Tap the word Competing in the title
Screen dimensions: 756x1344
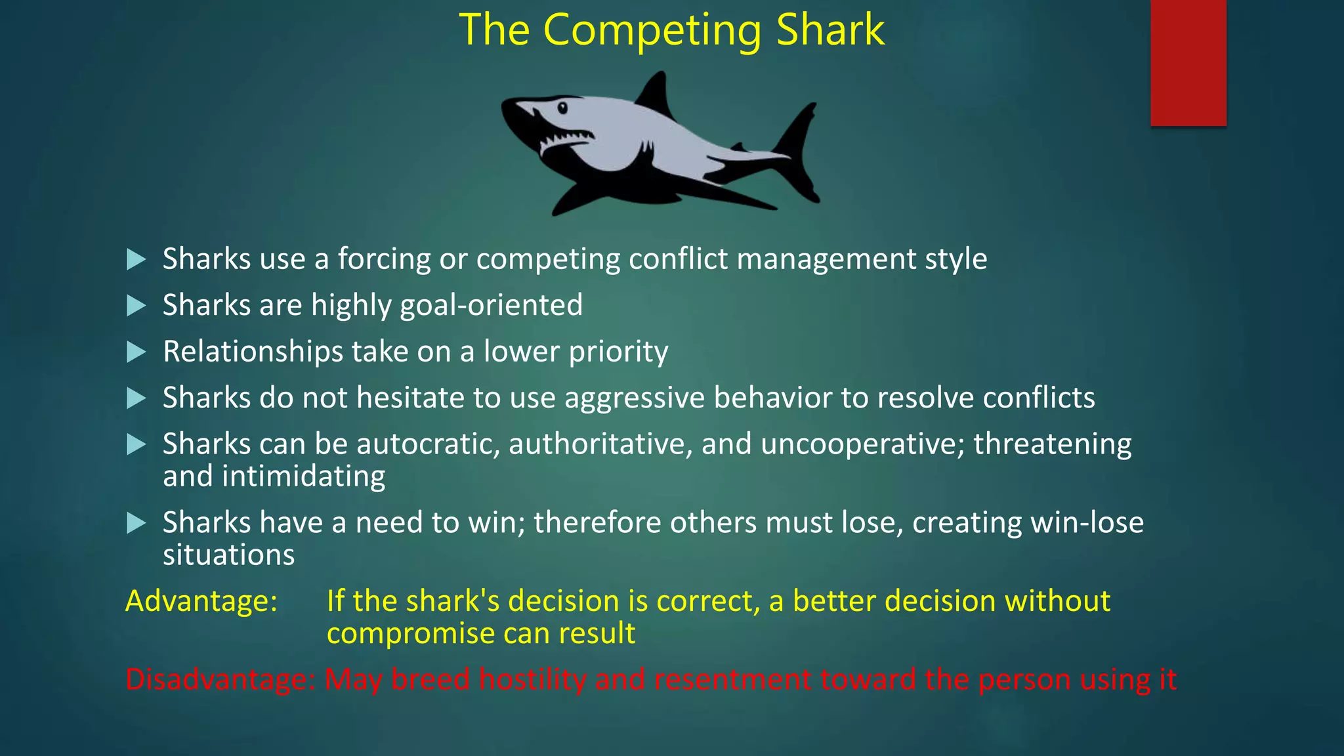pos(652,31)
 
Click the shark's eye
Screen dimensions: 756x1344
pos(562,108)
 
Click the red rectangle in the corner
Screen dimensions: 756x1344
pos(1188,62)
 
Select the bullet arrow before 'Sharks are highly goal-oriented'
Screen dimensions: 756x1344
pos(136,305)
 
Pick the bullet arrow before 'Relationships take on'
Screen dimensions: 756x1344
pos(136,352)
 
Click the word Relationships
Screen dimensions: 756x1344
pos(253,352)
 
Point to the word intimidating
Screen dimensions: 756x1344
pos(303,476)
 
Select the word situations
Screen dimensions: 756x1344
pos(228,555)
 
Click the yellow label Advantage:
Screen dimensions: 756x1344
pos(201,601)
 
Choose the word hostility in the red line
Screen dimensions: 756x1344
pos(532,679)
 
